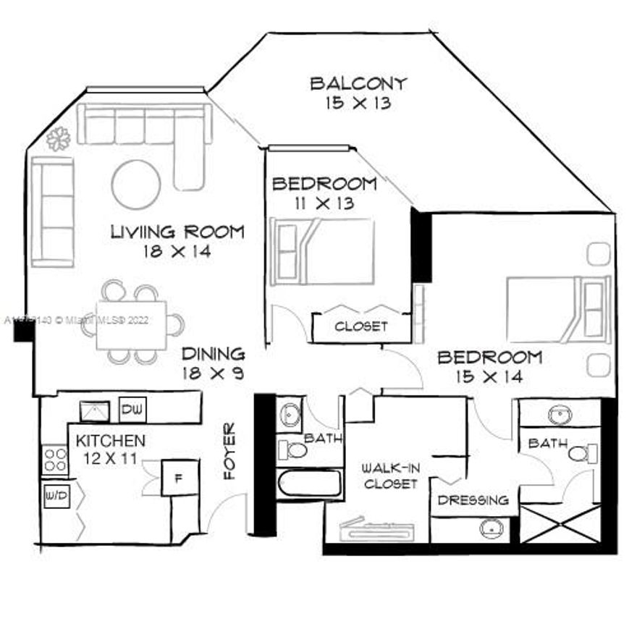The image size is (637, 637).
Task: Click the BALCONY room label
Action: [358, 83]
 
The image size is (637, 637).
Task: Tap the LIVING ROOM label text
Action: [177, 232]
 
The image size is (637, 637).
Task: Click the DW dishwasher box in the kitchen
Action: [132, 410]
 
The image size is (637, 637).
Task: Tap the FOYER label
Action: [230, 460]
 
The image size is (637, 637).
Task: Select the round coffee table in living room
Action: [136, 184]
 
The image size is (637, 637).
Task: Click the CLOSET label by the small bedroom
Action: [360, 326]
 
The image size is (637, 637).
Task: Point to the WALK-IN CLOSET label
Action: [391, 476]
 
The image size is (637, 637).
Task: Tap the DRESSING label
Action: [473, 499]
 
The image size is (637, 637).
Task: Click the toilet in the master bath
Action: [581, 454]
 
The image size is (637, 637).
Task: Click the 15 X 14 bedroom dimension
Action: [489, 376]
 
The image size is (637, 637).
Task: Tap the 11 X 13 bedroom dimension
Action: [324, 203]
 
